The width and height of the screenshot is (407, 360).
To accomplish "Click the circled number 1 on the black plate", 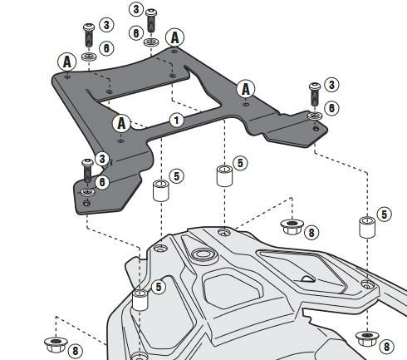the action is coord(177,120).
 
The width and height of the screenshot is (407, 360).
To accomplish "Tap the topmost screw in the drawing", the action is coord(151,21).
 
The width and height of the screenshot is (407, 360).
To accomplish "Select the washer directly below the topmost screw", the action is coord(151,42).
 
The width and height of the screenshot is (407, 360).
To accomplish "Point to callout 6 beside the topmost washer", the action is coord(136,33).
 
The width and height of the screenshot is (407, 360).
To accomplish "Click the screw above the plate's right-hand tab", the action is coord(315,94).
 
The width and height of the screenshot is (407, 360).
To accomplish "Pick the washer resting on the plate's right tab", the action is coord(315,116).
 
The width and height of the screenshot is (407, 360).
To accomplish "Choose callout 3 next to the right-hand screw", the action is coord(331,85).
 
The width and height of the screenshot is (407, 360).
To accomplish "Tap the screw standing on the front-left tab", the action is coord(87,170).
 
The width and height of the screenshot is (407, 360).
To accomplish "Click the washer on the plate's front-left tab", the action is coord(87,192).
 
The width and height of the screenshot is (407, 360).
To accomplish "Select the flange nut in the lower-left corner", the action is coord(56,344).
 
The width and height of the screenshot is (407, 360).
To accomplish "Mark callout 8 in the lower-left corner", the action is coord(75,351).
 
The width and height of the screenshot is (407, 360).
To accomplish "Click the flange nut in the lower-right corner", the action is coord(367,339).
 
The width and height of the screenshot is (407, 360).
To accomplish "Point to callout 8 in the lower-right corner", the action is coord(386,347).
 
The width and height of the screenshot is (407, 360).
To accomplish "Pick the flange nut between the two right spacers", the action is coord(292,226).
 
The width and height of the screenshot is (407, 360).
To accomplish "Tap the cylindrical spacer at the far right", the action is coord(367,228).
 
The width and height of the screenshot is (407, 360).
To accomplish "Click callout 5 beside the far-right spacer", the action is coord(385,215).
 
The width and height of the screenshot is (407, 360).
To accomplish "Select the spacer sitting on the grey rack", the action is coord(140,299).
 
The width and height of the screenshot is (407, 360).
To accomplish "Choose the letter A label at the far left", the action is coord(67,62).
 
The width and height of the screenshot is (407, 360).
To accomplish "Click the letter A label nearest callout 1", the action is coord(121,123).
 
